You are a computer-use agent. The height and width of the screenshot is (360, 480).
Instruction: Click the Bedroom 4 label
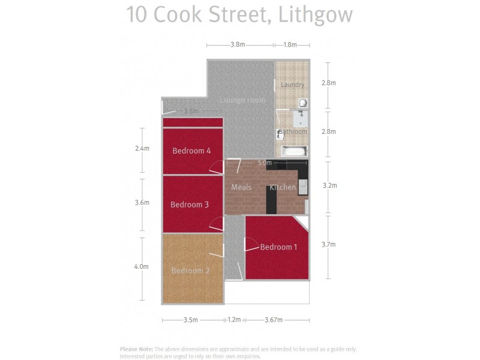pos(191,151)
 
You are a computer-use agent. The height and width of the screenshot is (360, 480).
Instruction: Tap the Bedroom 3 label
pos(190,205)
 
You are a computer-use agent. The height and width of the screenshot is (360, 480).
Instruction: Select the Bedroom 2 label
pos(190,271)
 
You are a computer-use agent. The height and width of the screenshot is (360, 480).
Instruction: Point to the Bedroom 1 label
pos(278,247)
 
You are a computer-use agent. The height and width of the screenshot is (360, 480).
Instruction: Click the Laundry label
pos(293,85)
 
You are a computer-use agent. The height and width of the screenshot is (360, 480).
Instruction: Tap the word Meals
pos(241,187)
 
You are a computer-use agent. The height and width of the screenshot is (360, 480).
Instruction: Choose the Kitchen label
pos(282,187)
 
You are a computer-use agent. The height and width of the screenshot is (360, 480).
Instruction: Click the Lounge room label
pos(242,100)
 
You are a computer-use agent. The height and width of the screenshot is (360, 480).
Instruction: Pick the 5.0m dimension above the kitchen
pos(265,163)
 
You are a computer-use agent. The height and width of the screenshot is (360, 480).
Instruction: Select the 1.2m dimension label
pos(234,320)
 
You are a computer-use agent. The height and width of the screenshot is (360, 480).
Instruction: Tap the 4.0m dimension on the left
pos(142,266)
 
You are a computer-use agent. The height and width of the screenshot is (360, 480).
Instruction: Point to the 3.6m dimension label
pos(142,203)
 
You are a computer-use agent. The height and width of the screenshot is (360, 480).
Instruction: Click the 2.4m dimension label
pos(142,148)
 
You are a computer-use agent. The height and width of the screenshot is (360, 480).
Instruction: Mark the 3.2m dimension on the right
pos(329,185)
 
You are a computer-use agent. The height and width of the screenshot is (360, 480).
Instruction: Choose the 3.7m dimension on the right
pos(329,244)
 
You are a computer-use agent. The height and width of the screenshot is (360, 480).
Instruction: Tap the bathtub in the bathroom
pos(295,151)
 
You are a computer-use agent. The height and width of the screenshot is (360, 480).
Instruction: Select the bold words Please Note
pos(137,349)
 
